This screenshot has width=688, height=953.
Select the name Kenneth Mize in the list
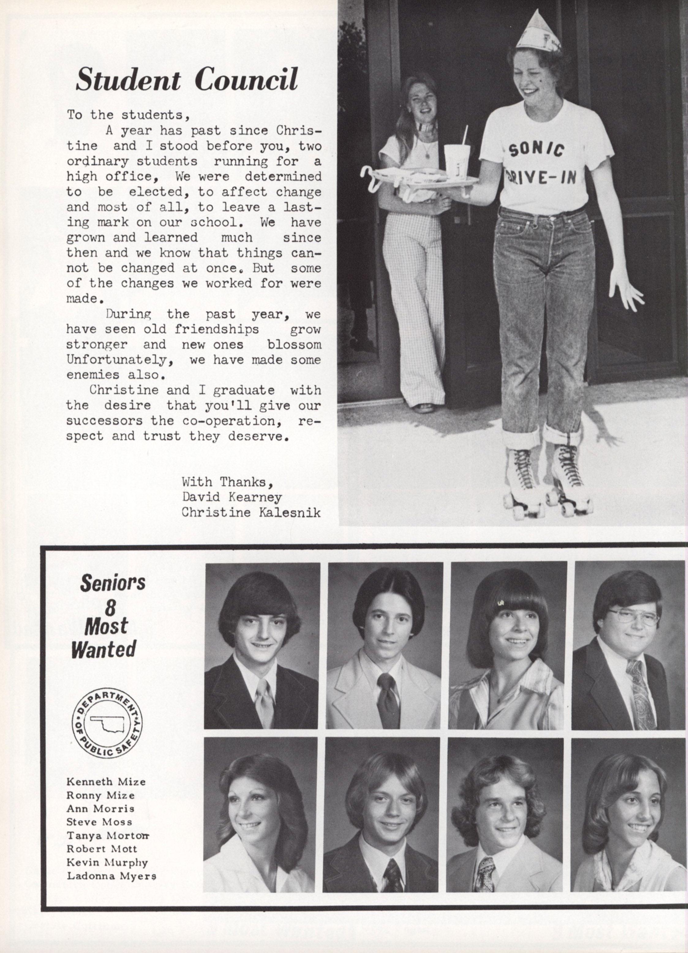pyautogui.click(x=106, y=782)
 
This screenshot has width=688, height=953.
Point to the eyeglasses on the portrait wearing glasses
pyautogui.click(x=633, y=618)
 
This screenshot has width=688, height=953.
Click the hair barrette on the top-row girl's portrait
pyautogui.click(x=501, y=603)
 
